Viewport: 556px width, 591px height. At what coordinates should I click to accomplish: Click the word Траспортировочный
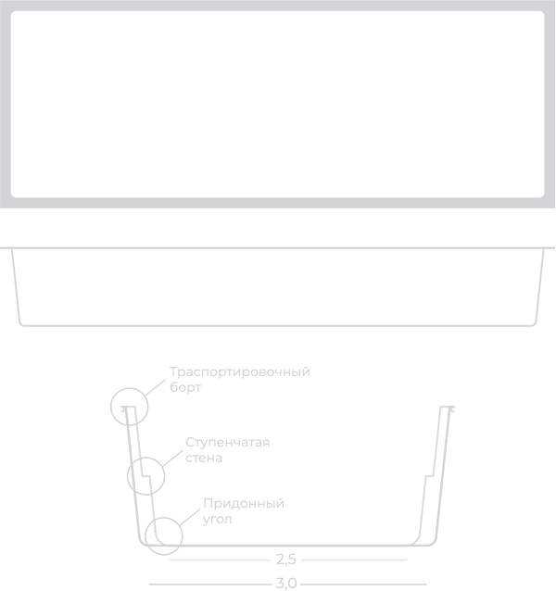[240, 372]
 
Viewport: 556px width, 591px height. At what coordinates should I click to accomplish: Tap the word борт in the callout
[185, 387]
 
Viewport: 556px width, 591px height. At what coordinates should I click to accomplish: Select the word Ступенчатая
[228, 443]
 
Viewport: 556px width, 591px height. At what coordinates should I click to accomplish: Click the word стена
[204, 458]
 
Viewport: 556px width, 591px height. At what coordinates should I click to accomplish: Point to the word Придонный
[244, 504]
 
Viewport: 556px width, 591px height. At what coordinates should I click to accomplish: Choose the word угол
[217, 520]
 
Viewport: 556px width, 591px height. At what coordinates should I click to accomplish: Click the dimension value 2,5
[286, 560]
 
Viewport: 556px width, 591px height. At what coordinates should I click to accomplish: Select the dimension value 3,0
[286, 584]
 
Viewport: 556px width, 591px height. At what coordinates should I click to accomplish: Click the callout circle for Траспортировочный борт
[130, 388]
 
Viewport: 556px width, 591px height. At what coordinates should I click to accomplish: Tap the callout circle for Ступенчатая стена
[145, 458]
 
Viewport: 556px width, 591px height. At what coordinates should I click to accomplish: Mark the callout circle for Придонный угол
[164, 518]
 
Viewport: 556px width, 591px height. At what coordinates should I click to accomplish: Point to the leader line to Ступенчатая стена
[172, 459]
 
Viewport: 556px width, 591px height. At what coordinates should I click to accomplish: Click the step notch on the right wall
[429, 476]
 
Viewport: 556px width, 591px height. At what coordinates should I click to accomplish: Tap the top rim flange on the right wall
[447, 408]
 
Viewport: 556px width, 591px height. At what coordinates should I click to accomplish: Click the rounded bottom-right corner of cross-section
[432, 541]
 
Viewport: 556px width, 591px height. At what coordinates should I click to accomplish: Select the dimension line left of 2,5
[221, 560]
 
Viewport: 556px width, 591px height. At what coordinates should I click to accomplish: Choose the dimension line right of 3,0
[364, 585]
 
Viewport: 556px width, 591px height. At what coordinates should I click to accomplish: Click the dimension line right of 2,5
[354, 560]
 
